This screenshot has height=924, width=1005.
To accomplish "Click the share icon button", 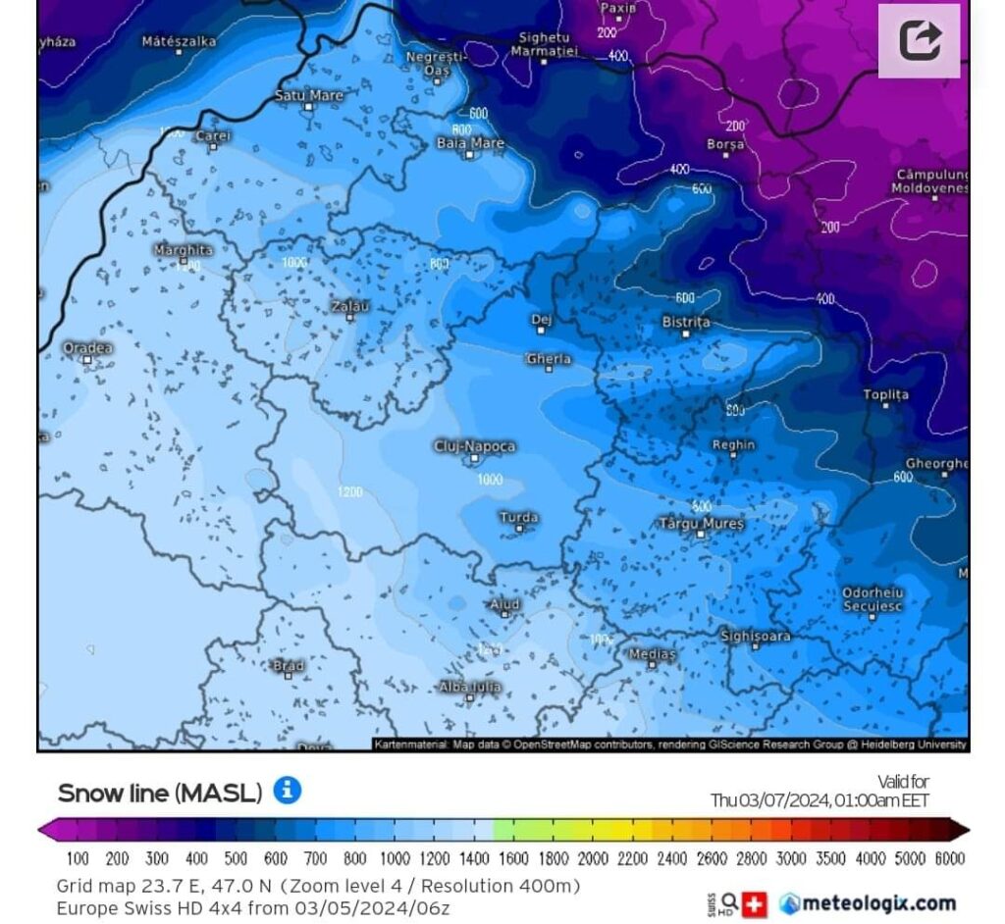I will (x=919, y=41).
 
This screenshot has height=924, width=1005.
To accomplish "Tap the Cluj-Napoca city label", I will (x=474, y=446).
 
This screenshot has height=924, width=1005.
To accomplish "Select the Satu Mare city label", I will (x=308, y=95).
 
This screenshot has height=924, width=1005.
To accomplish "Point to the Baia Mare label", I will (x=470, y=143).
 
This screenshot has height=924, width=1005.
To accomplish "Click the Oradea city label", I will (x=87, y=348).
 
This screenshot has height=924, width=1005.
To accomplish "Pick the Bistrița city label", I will (x=685, y=322).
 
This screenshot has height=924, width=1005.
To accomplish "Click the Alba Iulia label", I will (x=469, y=688).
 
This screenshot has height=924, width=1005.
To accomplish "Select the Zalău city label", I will (x=350, y=307).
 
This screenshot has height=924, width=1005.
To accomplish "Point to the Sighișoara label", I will (x=755, y=636).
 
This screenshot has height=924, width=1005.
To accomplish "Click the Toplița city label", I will (x=885, y=394).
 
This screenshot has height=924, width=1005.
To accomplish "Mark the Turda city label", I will (x=518, y=517).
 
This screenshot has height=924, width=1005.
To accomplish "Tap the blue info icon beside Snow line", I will (x=287, y=791).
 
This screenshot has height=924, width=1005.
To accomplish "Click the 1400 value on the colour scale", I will (x=474, y=859).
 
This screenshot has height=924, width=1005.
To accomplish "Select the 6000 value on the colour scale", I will (x=948, y=859).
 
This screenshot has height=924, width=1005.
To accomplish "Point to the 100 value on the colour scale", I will (x=78, y=859).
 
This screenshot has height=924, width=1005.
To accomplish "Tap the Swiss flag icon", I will (x=754, y=903).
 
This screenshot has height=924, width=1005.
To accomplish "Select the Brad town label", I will (x=288, y=666).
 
